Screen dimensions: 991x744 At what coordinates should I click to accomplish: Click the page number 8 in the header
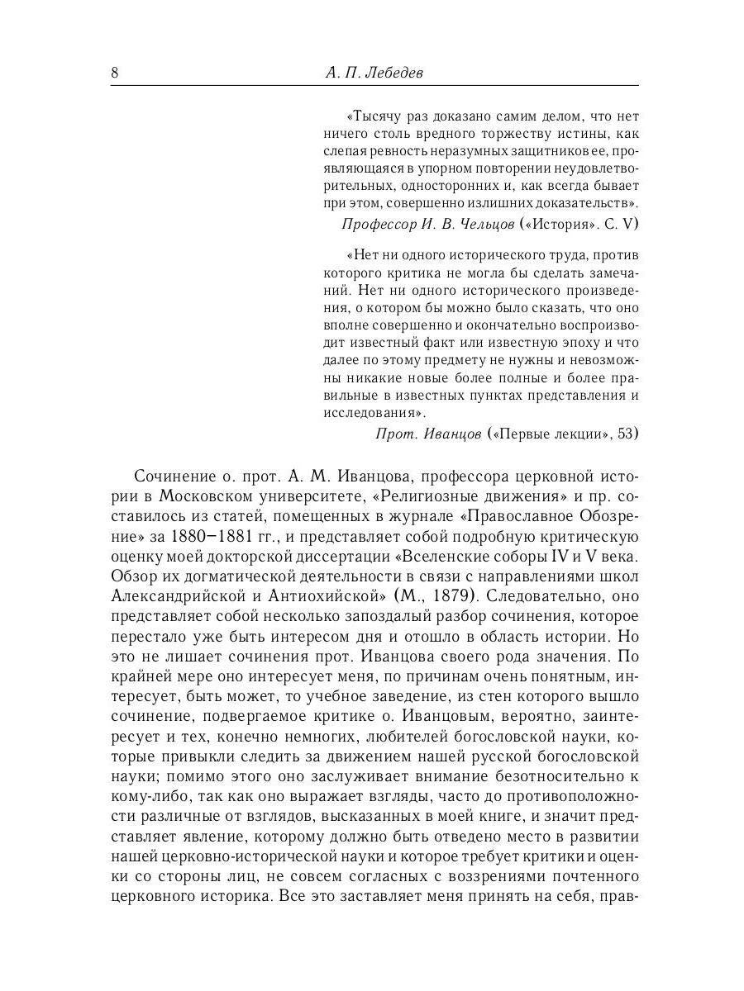(x=115, y=73)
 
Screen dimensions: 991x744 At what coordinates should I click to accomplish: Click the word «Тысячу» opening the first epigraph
(x=376, y=116)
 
